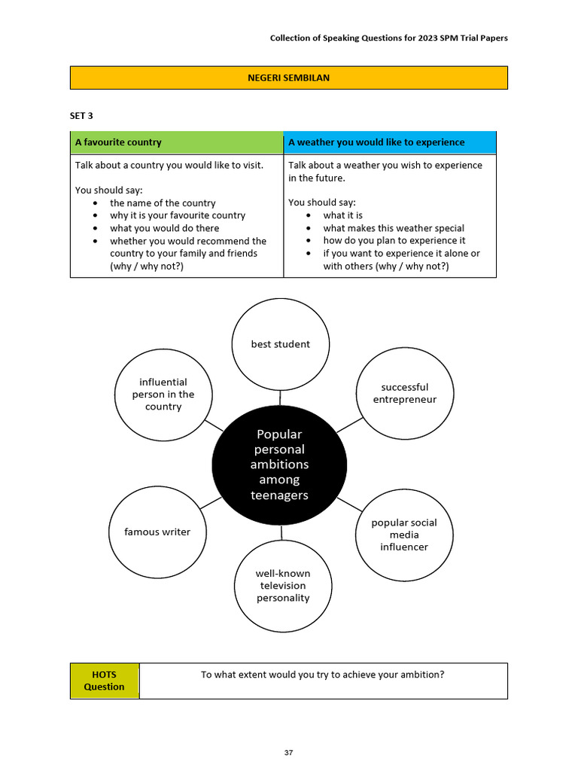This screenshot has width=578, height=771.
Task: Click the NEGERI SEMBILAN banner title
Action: [x=288, y=78]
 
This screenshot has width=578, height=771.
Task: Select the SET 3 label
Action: [x=81, y=115]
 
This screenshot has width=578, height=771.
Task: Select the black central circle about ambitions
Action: [x=279, y=465]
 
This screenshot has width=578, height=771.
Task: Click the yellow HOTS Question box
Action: [x=105, y=681]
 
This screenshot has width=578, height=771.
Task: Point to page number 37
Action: [x=288, y=752]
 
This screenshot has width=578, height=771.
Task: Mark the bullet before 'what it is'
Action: [x=308, y=215]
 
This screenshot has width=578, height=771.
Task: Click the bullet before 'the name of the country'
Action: [x=95, y=203]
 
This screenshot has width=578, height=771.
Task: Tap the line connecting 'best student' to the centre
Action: [x=280, y=398]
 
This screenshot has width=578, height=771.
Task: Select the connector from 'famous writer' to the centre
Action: [x=211, y=503]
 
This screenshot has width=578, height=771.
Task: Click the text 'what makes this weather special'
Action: [x=394, y=228]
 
